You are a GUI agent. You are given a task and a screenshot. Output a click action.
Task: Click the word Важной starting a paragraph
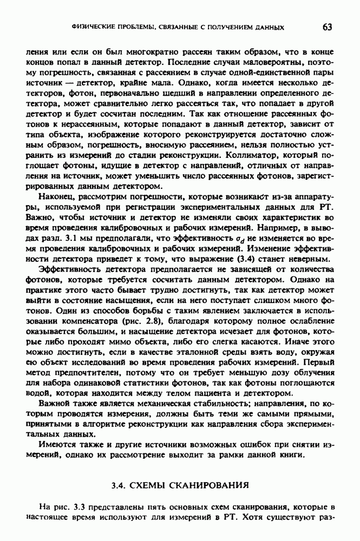click(x=55, y=404)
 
